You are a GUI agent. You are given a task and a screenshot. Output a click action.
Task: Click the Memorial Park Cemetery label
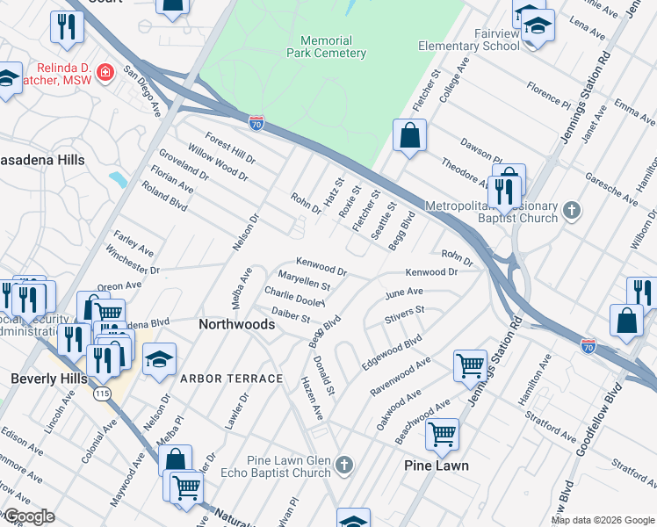[333, 47]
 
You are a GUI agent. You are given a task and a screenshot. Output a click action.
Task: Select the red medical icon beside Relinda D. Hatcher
[105, 70]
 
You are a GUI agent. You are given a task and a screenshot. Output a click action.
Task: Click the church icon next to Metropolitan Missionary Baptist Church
[572, 210]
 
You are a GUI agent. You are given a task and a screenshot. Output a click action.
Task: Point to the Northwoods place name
[237, 324]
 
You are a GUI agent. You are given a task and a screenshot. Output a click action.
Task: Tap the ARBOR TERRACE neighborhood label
[232, 379]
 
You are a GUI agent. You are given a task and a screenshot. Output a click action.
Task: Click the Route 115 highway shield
[102, 394]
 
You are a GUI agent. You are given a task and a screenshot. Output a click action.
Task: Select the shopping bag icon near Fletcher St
[409, 135]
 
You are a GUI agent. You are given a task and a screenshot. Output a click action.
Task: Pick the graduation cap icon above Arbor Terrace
[159, 359]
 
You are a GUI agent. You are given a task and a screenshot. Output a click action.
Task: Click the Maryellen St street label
[304, 281]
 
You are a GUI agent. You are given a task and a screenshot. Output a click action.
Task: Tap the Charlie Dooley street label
[294, 297]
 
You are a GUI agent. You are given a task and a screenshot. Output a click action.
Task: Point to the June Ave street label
[404, 292]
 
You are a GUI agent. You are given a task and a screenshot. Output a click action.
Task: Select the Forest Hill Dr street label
[230, 148]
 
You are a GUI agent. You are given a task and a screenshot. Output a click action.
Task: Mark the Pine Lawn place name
[437, 466]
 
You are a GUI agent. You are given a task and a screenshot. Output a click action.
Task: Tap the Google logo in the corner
[29, 517]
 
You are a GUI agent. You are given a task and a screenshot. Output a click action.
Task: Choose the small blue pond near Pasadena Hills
[118, 179]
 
